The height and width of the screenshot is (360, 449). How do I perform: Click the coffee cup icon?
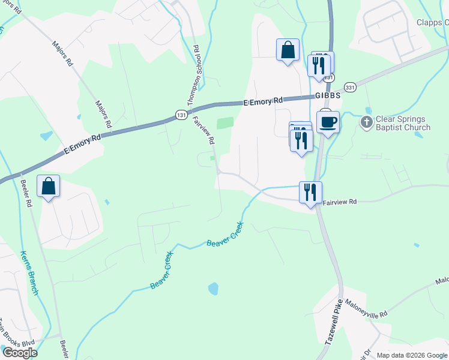[328, 122]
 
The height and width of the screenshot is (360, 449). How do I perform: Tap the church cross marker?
[367, 122]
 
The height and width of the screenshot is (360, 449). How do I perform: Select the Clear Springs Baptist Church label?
[403, 123]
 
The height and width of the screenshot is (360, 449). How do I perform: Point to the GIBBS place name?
[328, 96]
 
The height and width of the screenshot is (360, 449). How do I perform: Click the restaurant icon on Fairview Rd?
[310, 193]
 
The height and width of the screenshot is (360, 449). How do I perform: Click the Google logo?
[19, 353]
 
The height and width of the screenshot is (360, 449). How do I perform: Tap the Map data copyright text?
[411, 355]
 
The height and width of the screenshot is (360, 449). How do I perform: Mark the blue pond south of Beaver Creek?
[213, 289]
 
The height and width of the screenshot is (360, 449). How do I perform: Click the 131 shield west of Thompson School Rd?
[180, 114]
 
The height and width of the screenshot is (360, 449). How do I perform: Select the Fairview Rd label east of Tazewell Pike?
[340, 202]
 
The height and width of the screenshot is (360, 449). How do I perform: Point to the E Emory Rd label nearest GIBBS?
[263, 102]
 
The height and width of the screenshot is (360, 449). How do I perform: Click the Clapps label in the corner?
[432, 23]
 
